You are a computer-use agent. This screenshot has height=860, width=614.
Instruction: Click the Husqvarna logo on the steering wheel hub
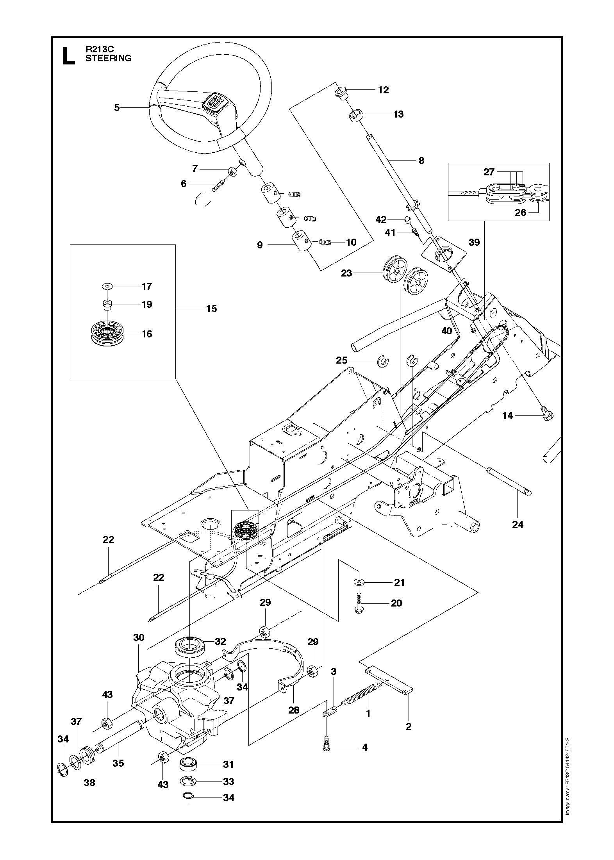(x=215, y=102)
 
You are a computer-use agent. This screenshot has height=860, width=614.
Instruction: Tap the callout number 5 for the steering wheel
(x=117, y=107)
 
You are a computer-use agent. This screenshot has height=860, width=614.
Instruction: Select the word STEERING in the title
(x=108, y=58)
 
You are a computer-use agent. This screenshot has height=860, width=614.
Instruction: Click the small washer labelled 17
(x=106, y=287)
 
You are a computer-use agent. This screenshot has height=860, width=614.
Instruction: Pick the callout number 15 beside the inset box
(x=211, y=309)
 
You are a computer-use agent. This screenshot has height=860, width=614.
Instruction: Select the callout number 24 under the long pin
(x=518, y=525)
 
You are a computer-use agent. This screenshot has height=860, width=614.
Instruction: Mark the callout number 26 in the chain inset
(x=520, y=212)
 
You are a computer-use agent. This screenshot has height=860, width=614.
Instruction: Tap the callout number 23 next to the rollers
(x=346, y=273)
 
